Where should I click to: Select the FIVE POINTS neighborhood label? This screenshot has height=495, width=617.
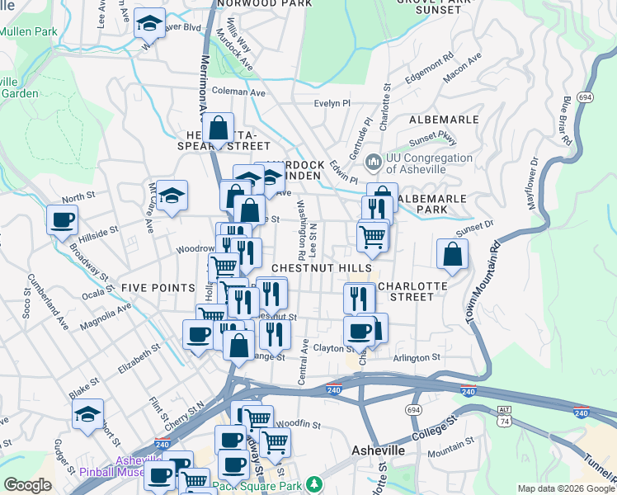[152, 287]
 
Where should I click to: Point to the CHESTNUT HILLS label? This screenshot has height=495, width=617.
[321, 269]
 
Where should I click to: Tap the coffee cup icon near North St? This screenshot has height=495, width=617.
[63, 220]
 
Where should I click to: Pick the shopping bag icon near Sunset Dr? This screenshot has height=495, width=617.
[452, 255]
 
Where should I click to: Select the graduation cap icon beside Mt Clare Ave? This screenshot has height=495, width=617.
[172, 196]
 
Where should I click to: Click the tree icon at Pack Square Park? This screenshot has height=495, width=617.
[313, 483]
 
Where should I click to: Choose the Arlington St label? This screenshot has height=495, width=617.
[417, 358]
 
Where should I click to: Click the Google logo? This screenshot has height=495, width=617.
[27, 485]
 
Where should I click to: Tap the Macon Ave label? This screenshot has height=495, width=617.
[461, 69]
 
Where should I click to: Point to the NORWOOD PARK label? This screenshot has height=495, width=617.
[265, 3]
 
